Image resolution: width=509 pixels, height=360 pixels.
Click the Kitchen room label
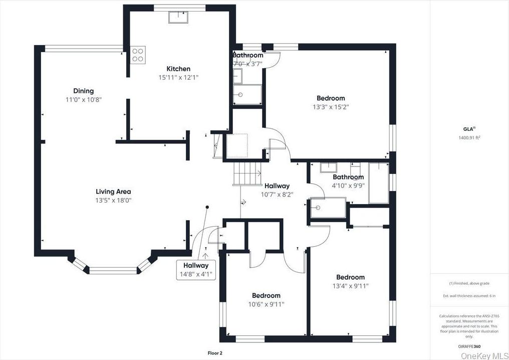click(x=178, y=69)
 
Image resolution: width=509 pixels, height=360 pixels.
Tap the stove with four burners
click(x=138, y=54)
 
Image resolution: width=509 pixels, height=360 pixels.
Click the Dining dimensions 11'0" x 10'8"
click(x=84, y=99)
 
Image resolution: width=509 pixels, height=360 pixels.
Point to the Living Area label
click(x=113, y=191)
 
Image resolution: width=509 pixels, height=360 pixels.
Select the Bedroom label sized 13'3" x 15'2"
click(x=331, y=98)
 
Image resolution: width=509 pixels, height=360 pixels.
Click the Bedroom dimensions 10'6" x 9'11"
click(x=266, y=304)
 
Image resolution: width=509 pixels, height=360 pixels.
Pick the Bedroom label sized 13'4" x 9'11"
click(x=350, y=277)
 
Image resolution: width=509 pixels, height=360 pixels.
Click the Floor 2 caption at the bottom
click(x=215, y=353)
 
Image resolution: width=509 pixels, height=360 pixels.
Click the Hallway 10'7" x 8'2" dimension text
click(x=277, y=194)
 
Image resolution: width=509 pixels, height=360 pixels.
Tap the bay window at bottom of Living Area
click(x=113, y=270)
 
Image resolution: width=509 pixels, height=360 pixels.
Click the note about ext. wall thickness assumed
click(x=469, y=296)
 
